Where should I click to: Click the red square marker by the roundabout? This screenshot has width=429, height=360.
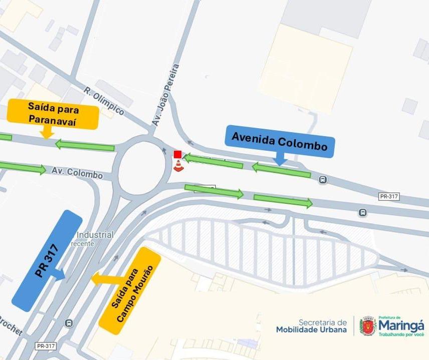pos(177,154)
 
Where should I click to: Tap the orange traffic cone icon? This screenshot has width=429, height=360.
pos(178,165)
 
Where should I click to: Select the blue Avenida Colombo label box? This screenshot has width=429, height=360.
pos(279,142)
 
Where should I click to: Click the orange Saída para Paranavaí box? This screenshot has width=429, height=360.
pos(53,114)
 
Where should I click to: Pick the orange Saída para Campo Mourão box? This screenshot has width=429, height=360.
pos(130,291)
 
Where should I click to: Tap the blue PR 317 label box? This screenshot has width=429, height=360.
pos(47,260)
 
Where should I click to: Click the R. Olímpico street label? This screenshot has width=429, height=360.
pos(104,101)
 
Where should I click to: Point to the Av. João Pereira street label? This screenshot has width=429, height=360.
pos(166,95)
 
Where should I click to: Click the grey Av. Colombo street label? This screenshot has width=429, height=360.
pos(77,173)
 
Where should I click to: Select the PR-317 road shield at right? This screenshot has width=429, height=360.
pos(389,196)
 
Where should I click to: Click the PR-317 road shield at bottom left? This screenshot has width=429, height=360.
pos(46,345)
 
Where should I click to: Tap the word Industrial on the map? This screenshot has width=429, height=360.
pos(95,235)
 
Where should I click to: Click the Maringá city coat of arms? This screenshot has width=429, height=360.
pos(368,326)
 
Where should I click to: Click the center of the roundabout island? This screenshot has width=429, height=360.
pos(142,168)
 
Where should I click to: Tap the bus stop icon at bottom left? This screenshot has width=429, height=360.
pos(69,323)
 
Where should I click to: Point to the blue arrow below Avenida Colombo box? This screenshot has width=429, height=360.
pos(280,159)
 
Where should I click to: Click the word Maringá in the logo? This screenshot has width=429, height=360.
pos(401,325)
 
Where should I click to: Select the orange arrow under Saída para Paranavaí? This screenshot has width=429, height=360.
pos(47,133)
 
